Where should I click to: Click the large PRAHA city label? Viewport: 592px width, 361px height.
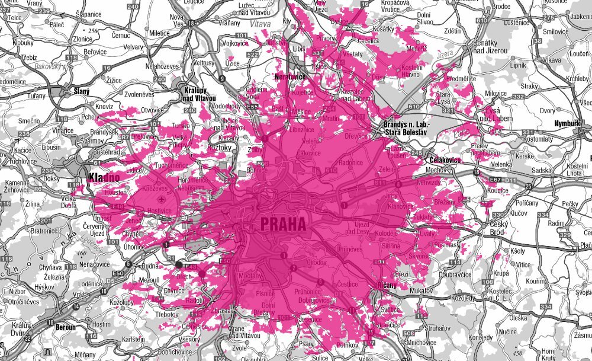coord(282,225)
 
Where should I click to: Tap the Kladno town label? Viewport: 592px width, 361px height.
coord(104,177)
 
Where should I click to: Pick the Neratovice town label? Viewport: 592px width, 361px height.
coord(289,76)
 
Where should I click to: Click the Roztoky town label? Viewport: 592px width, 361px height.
coord(218,147)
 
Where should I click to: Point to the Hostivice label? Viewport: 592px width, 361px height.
coord(159,210)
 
